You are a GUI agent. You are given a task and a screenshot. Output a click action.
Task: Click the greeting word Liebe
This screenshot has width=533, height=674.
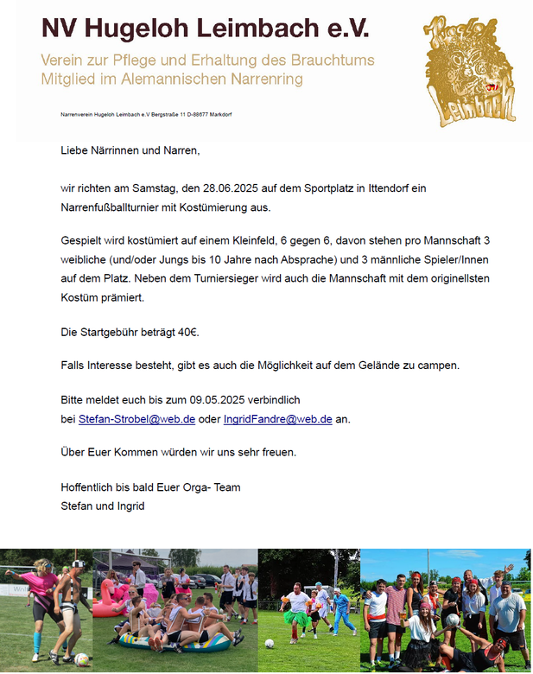(x=76, y=151)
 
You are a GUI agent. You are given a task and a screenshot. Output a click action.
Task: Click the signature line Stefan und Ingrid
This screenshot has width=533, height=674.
(x=103, y=506)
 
